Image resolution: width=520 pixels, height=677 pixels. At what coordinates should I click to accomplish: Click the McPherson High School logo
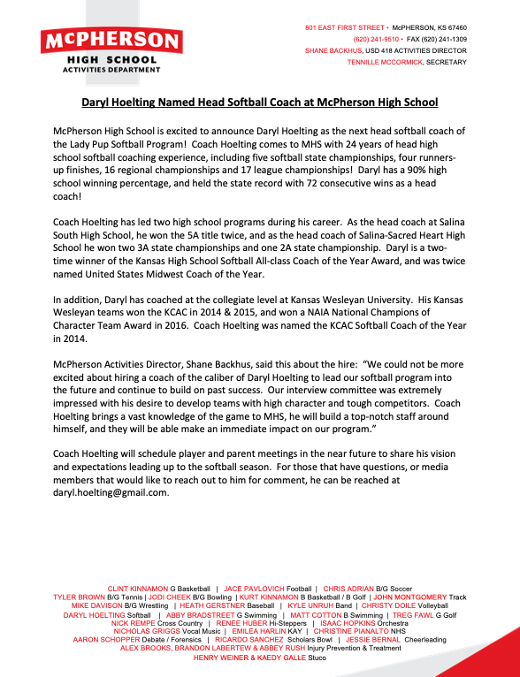111,51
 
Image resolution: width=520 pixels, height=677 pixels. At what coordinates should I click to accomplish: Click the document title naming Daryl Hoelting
260,102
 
